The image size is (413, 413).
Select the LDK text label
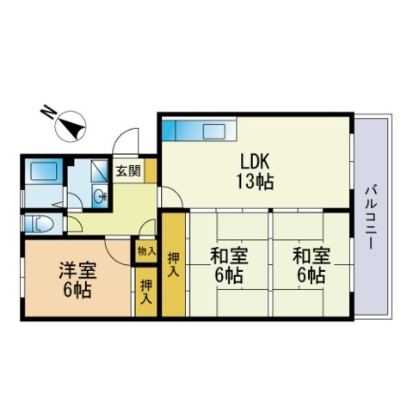[x=256, y=160]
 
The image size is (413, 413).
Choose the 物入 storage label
[x=145, y=252]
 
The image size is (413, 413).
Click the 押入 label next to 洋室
[x=145, y=293]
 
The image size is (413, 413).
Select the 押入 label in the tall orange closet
[x=174, y=264]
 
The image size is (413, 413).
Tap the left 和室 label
[x=226, y=256]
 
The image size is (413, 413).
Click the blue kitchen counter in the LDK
[x=197, y=131]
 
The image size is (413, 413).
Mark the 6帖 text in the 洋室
[x=77, y=291]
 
